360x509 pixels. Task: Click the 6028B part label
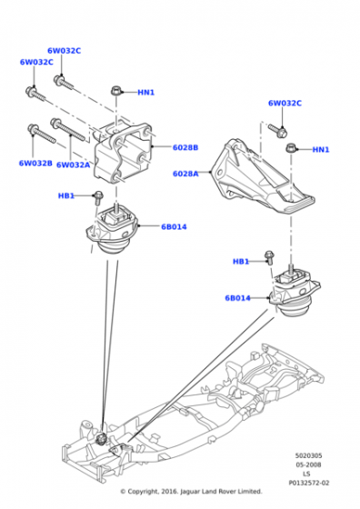point(185,147)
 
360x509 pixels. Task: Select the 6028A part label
point(185,174)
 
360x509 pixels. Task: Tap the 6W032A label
point(73,165)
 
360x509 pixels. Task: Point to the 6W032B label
point(35,163)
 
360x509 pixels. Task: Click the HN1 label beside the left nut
point(146,93)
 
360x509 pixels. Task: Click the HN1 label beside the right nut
point(321,150)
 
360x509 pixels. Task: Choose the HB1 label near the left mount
point(66,195)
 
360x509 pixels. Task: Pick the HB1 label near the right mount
point(241,262)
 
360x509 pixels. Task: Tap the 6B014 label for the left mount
point(174,227)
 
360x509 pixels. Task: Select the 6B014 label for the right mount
point(237,298)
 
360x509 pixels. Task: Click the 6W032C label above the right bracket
point(285,104)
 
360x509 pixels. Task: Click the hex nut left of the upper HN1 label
point(115,90)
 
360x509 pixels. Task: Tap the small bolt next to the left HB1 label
point(97,198)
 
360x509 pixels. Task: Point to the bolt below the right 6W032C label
point(278,130)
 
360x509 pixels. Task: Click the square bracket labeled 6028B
point(124,153)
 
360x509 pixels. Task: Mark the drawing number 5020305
point(309,455)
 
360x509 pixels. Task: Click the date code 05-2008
point(308,464)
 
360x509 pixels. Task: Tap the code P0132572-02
point(309,483)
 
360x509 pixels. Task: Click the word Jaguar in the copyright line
point(189,492)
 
